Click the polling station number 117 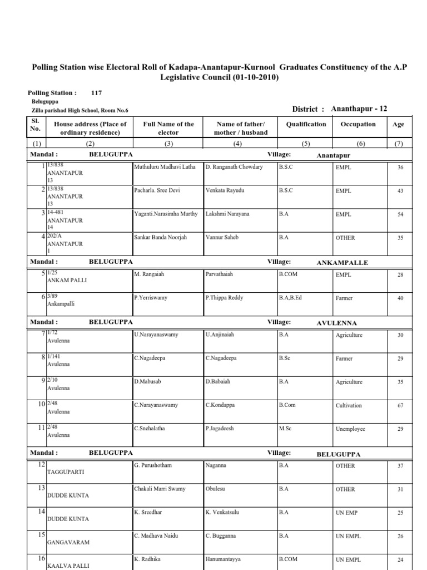coord(96,94)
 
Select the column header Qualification coord(306,124)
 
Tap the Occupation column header coord(358,124)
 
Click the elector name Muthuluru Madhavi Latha coord(165,167)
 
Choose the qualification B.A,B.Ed coord(294,298)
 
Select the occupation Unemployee coord(350,429)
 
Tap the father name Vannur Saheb coord(222,237)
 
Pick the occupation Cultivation coord(349,406)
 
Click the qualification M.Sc coord(286,429)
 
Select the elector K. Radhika coord(147,559)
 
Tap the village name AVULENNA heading coord(337,323)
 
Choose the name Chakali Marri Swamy coord(159,489)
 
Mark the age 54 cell coord(400,214)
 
